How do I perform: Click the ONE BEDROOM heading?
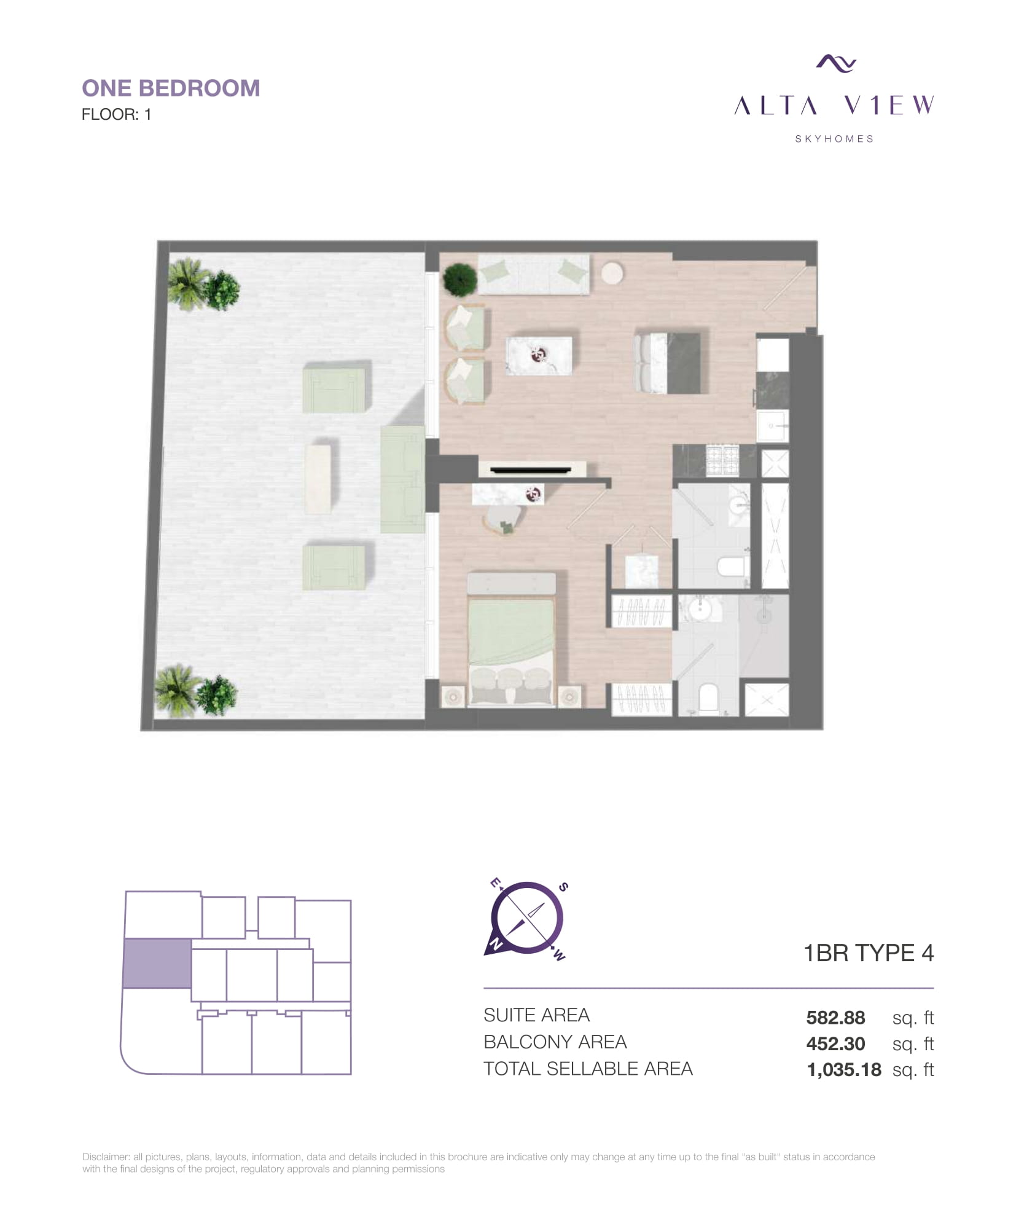coord(171,88)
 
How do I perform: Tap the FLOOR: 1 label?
coord(116,114)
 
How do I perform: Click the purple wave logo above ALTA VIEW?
coord(836,63)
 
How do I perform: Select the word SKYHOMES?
coord(834,139)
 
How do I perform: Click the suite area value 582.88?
coord(835,1018)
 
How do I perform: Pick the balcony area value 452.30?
coord(835,1043)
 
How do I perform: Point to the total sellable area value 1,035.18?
coord(844,1070)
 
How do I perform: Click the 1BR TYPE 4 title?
coord(869,953)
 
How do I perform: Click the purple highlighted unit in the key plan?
coord(157,963)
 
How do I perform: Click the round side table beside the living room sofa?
coord(612,273)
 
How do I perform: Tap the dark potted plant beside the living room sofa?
coord(460,280)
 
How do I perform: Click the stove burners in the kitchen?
coord(722,461)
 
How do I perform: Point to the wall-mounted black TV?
coord(530,471)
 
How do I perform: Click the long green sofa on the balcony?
coord(402,479)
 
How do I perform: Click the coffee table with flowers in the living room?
coord(539,355)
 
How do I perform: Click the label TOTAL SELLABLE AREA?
coord(588,1069)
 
